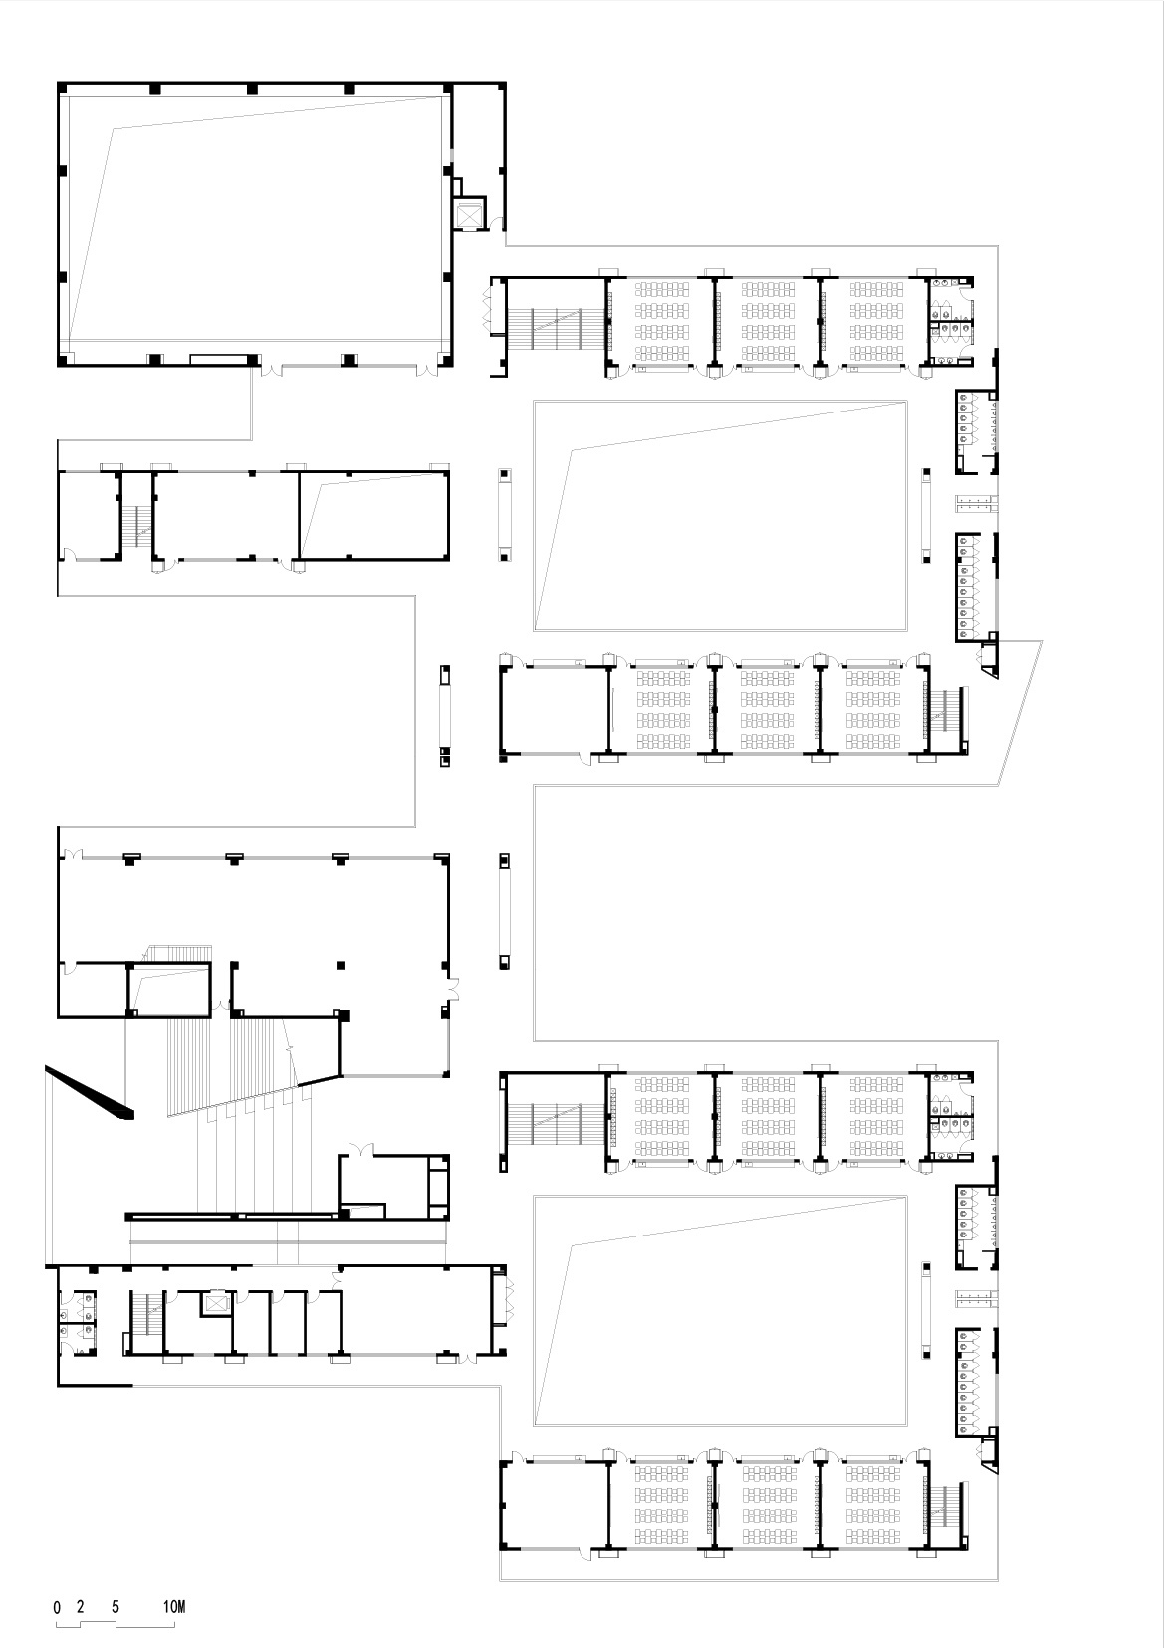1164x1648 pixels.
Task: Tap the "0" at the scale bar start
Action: tap(57, 1607)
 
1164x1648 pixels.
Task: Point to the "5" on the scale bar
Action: tap(116, 1607)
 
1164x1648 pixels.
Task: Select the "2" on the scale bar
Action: tap(81, 1607)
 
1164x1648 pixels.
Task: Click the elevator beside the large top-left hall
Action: tap(467, 214)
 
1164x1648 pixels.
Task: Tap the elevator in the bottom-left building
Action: tap(215, 1302)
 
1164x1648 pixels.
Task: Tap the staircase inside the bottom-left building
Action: tap(145, 1315)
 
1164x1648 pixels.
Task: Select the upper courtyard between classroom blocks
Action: tap(720, 515)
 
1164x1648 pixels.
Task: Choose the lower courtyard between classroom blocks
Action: tap(720, 1309)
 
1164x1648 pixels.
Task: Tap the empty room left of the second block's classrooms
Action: tap(553, 710)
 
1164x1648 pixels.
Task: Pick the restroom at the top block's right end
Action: tap(951, 321)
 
